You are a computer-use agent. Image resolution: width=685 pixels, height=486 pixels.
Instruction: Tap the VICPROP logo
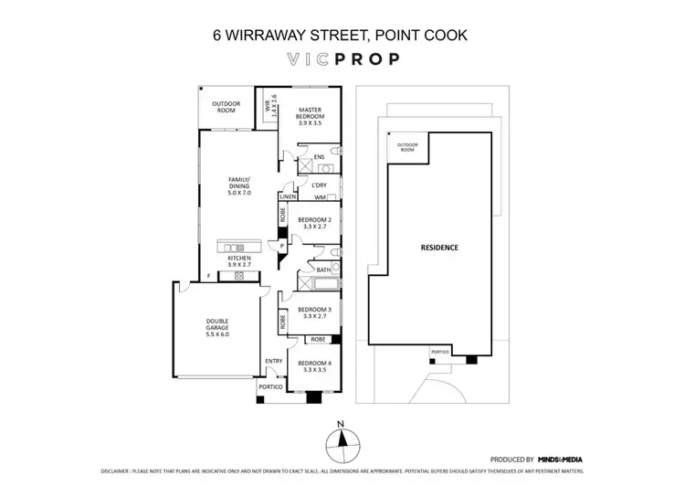pyautogui.click(x=342, y=62)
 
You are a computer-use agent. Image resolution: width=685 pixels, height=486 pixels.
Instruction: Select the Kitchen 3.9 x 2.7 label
pyautogui.click(x=239, y=263)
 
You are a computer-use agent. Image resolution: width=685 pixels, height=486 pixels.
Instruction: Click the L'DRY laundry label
pyautogui.click(x=320, y=185)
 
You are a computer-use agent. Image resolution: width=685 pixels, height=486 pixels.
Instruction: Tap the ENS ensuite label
pyautogui.click(x=319, y=157)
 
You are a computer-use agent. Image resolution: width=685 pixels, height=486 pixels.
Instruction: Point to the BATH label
pyautogui.click(x=323, y=269)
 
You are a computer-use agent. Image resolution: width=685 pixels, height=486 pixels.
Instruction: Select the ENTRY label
pyautogui.click(x=273, y=362)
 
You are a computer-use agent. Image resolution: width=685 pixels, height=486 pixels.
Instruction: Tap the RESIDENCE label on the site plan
pyautogui.click(x=438, y=248)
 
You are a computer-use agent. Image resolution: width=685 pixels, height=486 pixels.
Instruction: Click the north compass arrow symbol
pyautogui.click(x=341, y=442)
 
